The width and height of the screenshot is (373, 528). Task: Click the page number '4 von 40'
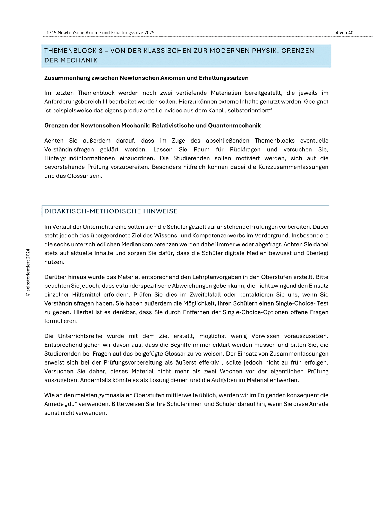pos(344,33)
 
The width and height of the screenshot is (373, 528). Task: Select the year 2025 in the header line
pos(149,33)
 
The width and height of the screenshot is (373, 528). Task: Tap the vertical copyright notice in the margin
pos(28,273)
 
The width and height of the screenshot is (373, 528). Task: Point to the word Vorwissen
pos(264,336)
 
